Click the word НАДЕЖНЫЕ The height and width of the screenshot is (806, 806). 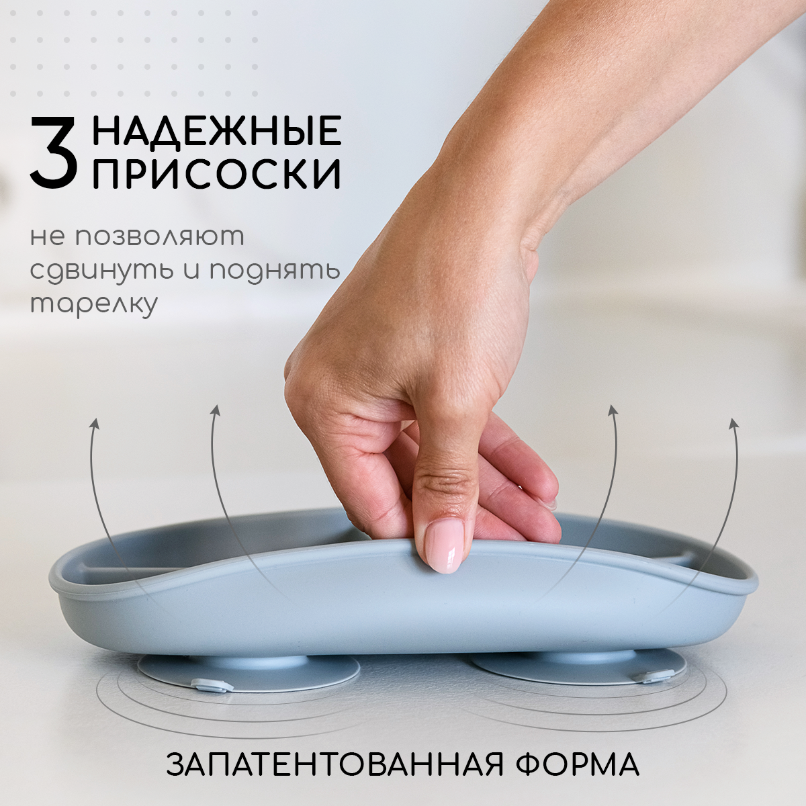point(216,131)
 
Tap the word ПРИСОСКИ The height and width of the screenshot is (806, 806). point(216,174)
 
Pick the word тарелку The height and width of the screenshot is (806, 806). point(94,304)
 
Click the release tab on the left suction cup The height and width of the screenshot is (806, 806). point(212,685)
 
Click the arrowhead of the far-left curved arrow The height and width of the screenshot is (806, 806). point(95,422)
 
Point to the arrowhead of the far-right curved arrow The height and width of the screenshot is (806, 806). point(733,422)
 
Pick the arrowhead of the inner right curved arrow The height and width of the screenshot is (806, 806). point(612,410)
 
